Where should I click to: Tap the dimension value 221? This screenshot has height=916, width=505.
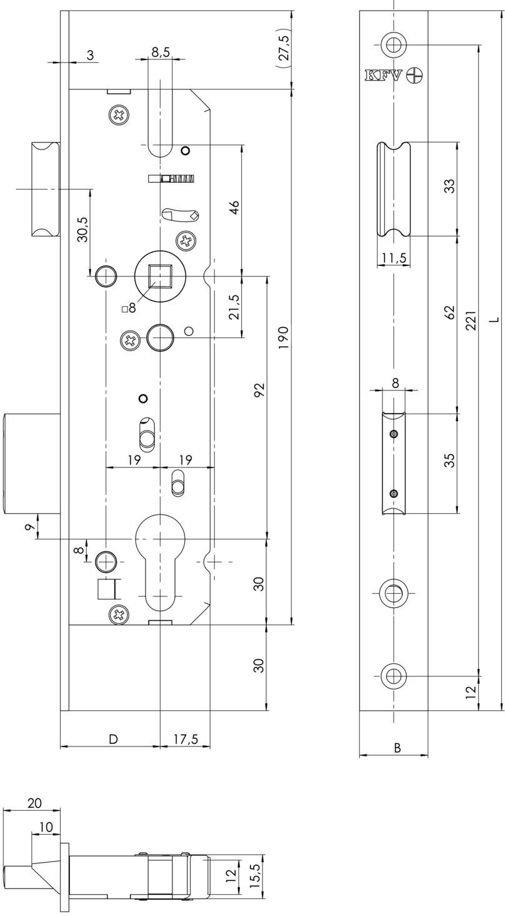[471, 320]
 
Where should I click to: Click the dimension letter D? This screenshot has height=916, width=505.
[113, 739]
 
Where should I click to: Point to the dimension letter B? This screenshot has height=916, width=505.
[397, 748]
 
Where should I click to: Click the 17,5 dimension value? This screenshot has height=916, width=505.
[186, 739]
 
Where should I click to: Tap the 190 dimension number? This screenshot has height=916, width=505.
[284, 337]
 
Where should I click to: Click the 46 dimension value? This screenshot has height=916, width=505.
[234, 208]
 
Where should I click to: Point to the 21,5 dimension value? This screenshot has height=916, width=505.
[234, 307]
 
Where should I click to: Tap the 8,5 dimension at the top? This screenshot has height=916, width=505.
[160, 52]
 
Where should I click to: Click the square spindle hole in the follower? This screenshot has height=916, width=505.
[160, 276]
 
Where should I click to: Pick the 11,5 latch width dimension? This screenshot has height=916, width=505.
[394, 258]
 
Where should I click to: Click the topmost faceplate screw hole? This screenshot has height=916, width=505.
[394, 44]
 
